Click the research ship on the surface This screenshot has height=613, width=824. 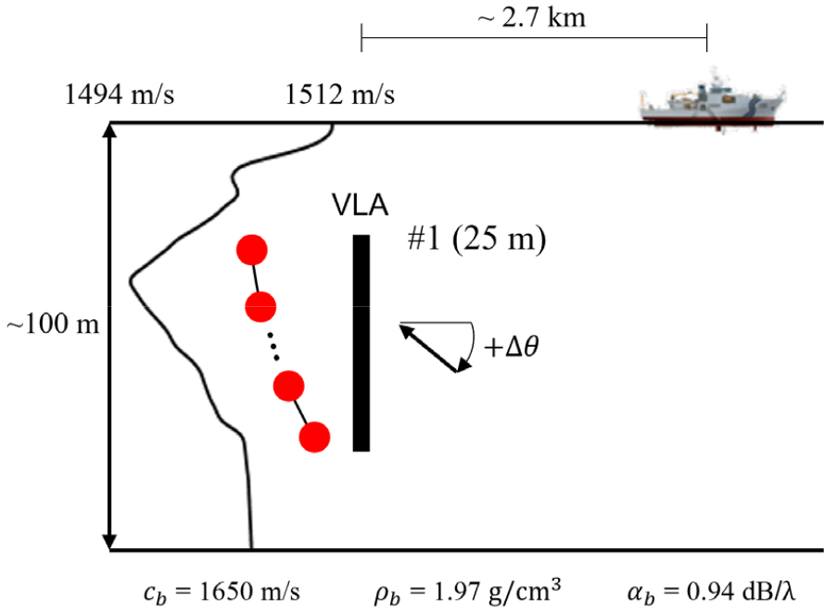coord(712,103)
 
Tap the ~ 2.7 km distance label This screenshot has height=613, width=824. coord(531,18)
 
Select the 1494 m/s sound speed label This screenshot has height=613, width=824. coord(119,96)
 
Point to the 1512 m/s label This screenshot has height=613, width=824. coord(339,96)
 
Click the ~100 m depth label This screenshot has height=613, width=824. coord(53,324)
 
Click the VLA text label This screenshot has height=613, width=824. coord(360,205)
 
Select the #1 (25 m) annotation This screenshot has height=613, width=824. coord(476,239)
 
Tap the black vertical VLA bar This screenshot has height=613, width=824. coord(361,343)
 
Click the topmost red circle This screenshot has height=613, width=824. coord(252,250)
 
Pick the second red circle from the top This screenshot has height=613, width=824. coord(260,306)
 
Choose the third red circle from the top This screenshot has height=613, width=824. coord(288,387)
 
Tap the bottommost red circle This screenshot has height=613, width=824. coord(315,437)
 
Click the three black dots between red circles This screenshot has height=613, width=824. coord(273,347)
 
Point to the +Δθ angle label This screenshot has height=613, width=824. coord(512,347)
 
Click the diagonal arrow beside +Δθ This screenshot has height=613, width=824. coord(428,349)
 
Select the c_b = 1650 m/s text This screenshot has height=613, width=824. coord(222,593)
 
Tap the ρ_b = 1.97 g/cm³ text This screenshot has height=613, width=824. coord(467,591)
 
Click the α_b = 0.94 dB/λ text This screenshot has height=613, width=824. coord(711,592)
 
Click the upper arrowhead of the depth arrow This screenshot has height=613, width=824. coord(109,130)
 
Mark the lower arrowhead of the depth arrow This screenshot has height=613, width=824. coord(109,542)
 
